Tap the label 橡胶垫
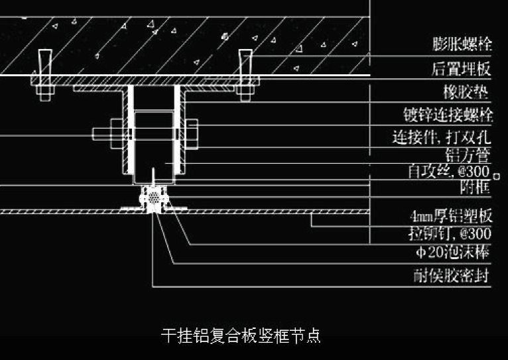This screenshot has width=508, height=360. click(467, 91)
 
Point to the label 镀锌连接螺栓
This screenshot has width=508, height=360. click(448, 115)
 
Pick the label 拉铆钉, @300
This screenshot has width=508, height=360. click(450, 234)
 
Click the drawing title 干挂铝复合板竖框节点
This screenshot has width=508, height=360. click(241, 335)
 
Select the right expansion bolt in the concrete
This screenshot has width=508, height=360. click(245, 62)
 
